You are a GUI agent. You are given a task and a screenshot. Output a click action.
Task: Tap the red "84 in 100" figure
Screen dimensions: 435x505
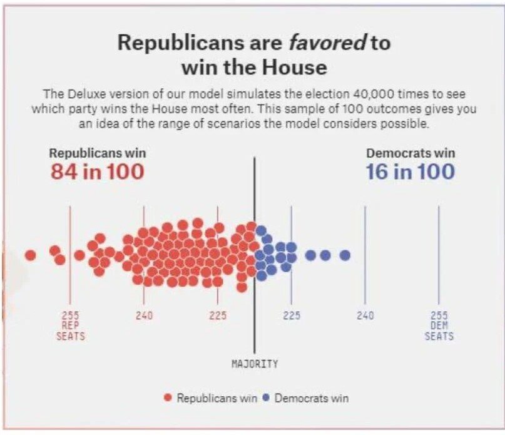click(x=97, y=171)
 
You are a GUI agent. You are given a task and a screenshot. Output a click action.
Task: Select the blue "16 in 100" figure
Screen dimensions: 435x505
click(x=411, y=171)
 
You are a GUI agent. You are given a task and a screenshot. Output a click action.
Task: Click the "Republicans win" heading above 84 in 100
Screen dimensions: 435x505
click(x=97, y=153)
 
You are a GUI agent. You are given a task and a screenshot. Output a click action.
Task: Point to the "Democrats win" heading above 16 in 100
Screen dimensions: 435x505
click(x=411, y=153)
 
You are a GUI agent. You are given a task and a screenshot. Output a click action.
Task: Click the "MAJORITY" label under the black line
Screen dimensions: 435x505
click(x=255, y=364)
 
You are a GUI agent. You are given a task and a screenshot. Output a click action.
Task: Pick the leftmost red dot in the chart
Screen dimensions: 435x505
click(x=30, y=255)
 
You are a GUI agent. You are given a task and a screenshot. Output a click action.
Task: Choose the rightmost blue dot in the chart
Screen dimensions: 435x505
click(x=345, y=255)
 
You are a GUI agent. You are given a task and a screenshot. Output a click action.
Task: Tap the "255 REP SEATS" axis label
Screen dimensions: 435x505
click(x=70, y=325)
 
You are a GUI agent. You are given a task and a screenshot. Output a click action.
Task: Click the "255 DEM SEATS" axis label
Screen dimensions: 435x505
click(x=439, y=325)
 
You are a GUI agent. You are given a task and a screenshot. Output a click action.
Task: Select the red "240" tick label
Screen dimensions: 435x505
click(x=144, y=316)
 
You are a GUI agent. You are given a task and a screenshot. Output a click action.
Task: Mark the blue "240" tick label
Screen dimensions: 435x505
click(x=365, y=316)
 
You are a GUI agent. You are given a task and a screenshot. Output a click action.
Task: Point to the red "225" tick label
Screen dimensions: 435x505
click(x=218, y=316)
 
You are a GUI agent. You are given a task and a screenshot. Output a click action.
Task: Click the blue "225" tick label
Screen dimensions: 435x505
click(x=291, y=316)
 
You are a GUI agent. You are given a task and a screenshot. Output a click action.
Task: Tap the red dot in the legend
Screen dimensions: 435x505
click(x=168, y=398)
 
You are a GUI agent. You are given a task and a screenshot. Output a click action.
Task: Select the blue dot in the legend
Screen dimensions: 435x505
click(x=265, y=398)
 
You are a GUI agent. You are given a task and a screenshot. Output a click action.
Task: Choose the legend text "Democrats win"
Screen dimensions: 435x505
click(x=311, y=398)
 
